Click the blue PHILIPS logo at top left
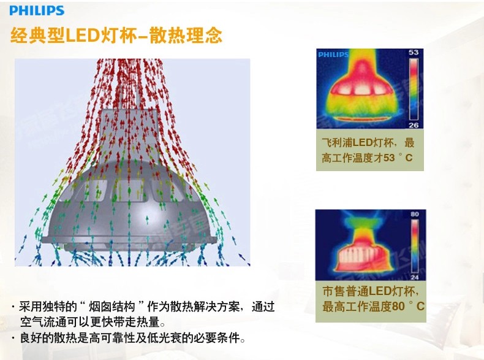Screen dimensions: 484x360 pos(37,10)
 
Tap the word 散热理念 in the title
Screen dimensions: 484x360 pos(186,36)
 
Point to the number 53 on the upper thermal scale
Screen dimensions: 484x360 pos(414,52)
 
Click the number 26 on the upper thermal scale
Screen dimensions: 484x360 pos(414,125)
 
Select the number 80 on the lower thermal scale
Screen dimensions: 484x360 pos(415,214)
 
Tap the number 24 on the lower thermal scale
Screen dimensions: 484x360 pos(415,277)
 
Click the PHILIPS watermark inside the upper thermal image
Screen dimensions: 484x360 pos(333,55)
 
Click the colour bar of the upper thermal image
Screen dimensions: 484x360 pos(414,89)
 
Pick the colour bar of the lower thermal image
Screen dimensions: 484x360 pos(415,246)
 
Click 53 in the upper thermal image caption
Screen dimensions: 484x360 pos(389,158)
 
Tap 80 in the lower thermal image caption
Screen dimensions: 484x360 pos(398,306)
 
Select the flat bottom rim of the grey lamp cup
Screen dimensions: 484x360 pos(129,240)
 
